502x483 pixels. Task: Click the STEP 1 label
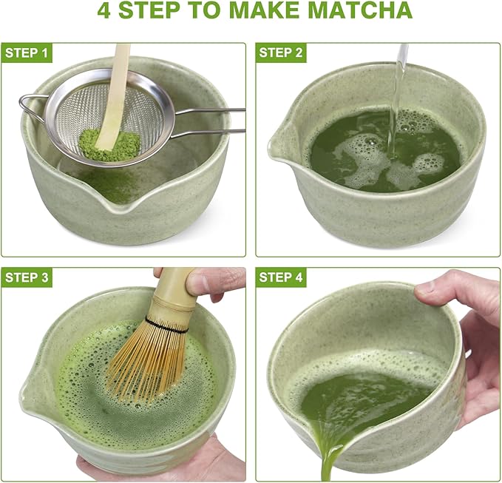27,53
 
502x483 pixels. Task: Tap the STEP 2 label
282,53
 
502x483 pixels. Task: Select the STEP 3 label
27,277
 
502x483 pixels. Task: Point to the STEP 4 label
282,277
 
